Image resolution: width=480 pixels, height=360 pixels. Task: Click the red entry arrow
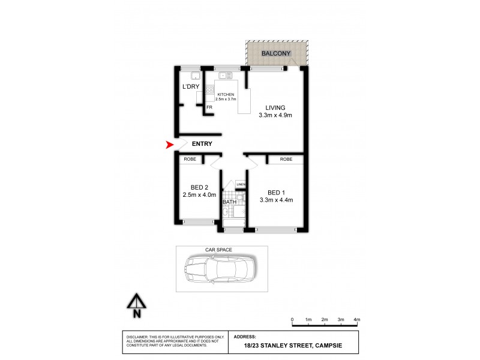coord(169,145)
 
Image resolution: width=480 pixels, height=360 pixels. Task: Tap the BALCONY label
coord(277,53)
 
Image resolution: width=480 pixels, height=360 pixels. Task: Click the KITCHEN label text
coord(226,95)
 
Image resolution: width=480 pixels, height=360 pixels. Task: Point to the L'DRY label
coord(190,87)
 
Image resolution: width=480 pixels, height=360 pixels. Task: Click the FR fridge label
coord(209,107)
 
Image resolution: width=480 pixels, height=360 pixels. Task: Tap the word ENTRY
coord(202,144)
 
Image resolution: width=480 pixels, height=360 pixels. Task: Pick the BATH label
coord(229,202)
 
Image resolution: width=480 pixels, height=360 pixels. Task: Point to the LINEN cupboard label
coord(241,184)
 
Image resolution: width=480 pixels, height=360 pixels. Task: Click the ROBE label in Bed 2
coord(189,160)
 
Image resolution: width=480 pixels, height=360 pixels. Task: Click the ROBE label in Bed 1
coord(286,160)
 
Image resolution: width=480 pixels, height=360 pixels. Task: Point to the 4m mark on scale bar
coord(357,320)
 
